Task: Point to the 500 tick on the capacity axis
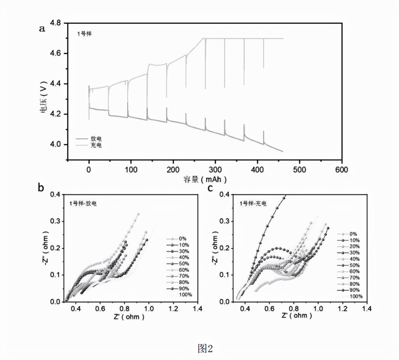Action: pyautogui.click(x=299, y=170)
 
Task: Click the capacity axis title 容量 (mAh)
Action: pyautogui.click(x=205, y=179)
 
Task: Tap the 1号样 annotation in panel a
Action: pyautogui.click(x=84, y=34)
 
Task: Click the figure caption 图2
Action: pyautogui.click(x=205, y=348)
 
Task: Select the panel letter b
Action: pyautogui.click(x=41, y=187)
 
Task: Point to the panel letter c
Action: pyautogui.click(x=211, y=187)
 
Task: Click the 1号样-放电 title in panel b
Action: pyautogui.click(x=83, y=204)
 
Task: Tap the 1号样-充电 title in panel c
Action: pyautogui.click(x=253, y=203)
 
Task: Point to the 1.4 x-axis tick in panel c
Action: pyautogui.click(x=367, y=309)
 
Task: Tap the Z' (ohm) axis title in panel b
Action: pyautogui.click(x=129, y=317)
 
